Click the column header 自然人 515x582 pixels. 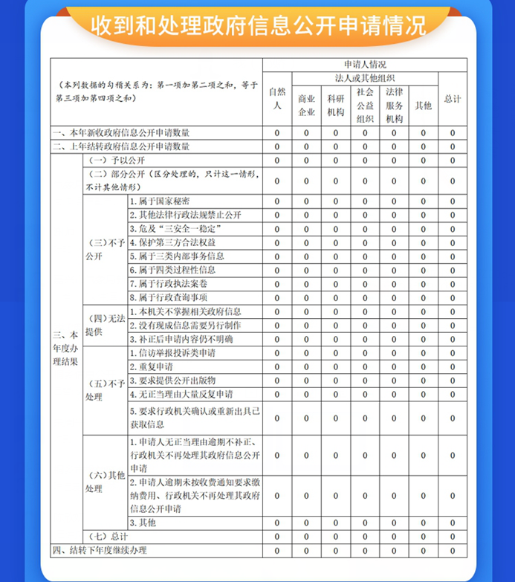coord(276,99)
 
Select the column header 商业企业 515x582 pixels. coord(306,106)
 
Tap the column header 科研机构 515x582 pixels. coord(335,106)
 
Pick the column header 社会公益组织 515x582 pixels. coord(364,105)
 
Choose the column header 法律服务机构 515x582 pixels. coord(394,105)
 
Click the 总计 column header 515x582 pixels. coord(452,99)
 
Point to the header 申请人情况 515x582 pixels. coord(364,65)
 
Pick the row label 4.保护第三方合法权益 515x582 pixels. coord(172,242)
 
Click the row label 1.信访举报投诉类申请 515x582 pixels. coord(172,353)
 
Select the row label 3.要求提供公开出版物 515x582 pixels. coord(172,381)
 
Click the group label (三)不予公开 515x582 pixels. coord(103,249)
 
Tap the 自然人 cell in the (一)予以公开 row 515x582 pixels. coord(276,161)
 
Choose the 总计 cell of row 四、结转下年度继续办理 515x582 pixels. coord(452,551)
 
